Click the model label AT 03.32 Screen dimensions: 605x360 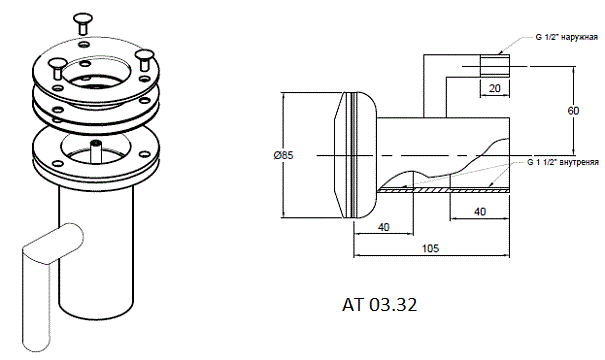(x=379, y=305)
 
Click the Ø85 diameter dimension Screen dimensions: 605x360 (x=283, y=155)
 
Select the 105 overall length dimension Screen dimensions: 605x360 (x=430, y=248)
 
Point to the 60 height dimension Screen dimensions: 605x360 (x=573, y=111)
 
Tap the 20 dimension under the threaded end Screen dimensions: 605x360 (x=495, y=88)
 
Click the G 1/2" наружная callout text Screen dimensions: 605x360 (x=567, y=37)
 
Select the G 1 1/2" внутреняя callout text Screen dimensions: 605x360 (x=563, y=162)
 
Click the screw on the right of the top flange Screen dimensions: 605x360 (x=144, y=60)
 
